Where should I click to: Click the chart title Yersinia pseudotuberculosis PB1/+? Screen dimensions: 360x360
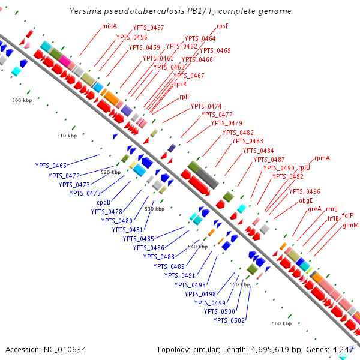(180, 11)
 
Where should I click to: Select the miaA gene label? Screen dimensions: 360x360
(109, 26)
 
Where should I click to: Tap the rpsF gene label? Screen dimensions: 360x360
(223, 26)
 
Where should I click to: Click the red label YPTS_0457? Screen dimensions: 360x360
(148, 28)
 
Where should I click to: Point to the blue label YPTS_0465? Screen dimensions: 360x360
(50, 165)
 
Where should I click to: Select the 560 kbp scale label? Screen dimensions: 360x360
(281, 323)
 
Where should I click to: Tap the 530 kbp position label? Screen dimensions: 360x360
(154, 209)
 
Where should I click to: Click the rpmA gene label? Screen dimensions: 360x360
(322, 158)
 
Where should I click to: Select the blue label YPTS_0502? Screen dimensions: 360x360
(229, 320)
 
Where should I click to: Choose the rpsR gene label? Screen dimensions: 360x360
(180, 84)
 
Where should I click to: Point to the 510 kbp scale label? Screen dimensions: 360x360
(67, 136)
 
